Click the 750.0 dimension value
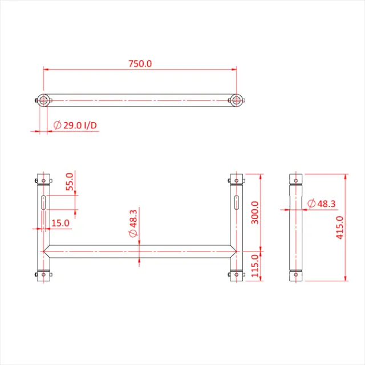coord(140,64)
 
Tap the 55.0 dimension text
coord(70,182)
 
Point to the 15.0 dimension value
coord(60,223)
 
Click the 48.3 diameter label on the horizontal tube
coord(133,224)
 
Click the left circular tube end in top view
coord(43,100)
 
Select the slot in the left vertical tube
coord(44,202)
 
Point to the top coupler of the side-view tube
coord(295,181)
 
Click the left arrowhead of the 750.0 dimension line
coord(46,70)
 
